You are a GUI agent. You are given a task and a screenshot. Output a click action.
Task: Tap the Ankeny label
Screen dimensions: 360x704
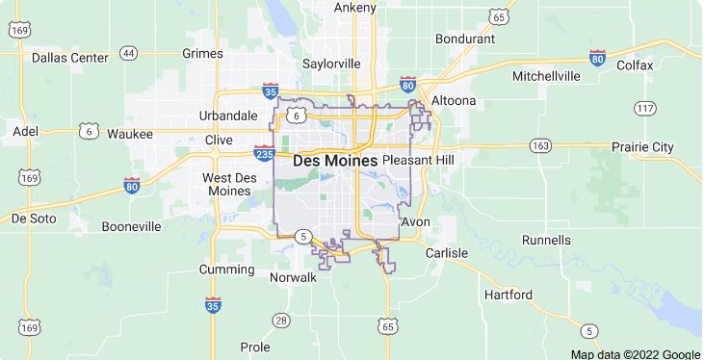354,8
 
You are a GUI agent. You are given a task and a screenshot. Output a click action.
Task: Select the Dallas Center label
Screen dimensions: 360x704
69,58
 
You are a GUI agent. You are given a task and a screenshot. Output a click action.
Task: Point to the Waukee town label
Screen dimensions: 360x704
130,134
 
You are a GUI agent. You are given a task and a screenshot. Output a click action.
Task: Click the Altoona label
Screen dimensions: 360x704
453,100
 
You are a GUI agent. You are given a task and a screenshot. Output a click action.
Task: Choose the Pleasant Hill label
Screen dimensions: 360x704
418,159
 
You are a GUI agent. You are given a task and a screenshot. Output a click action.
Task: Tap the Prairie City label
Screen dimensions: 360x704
643,147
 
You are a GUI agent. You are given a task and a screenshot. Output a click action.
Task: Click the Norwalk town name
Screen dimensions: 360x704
293,277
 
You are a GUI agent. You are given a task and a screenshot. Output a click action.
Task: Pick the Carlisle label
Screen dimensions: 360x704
444,252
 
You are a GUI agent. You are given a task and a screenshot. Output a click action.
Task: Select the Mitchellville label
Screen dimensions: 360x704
546,75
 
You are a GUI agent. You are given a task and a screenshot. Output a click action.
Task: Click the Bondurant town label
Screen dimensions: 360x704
464,39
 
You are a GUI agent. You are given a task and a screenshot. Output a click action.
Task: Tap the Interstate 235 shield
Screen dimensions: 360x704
263,154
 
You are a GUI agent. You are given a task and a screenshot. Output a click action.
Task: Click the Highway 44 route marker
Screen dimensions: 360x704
129,53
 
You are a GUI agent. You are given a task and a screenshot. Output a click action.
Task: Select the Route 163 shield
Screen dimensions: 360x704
540,145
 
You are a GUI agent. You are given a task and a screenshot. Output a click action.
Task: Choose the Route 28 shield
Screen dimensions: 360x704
280,320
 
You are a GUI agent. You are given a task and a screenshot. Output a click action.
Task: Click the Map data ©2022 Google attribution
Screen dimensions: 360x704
636,353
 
